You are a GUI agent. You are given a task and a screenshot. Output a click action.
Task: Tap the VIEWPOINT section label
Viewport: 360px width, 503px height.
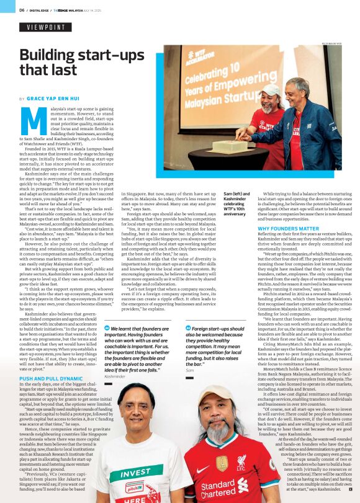point(45,28)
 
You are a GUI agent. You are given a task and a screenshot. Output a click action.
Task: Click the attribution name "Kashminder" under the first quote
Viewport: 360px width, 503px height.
point(115,376)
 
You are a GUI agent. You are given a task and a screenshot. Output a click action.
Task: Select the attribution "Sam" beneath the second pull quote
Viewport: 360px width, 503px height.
point(190,370)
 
